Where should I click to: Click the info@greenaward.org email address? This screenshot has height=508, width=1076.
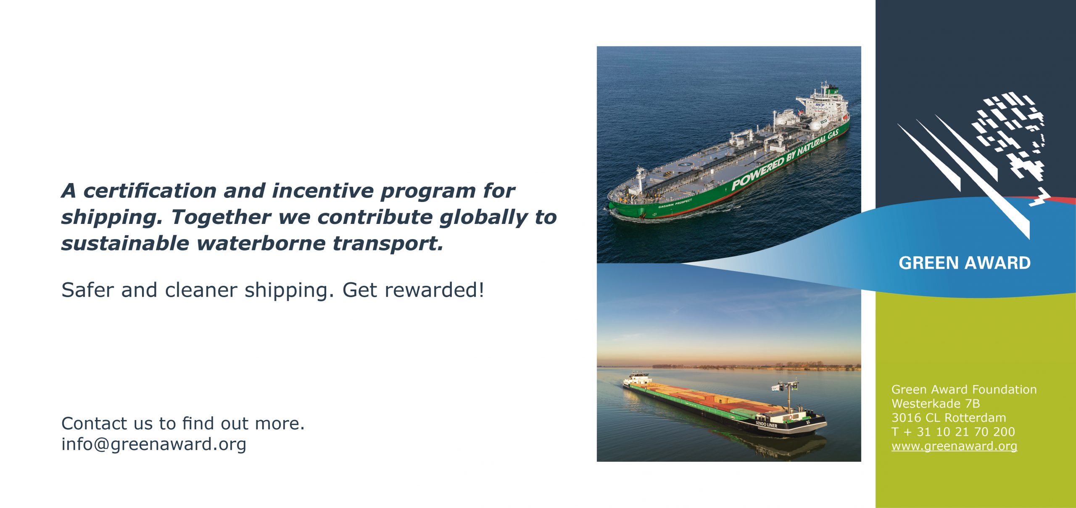tap(154, 444)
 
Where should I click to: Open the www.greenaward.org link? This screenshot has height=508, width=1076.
tap(954, 446)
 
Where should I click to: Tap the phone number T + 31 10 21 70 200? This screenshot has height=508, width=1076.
tap(953, 432)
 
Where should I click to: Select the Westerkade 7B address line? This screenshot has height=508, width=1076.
tap(936, 404)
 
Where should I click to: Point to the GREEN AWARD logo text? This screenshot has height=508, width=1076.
tap(965, 263)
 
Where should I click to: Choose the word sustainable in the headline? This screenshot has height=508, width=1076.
tap(125, 244)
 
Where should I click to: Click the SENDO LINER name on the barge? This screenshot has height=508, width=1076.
tap(766, 425)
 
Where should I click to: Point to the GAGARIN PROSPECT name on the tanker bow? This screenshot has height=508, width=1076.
tap(675, 203)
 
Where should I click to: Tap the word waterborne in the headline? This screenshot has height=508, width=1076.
tap(261, 244)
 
